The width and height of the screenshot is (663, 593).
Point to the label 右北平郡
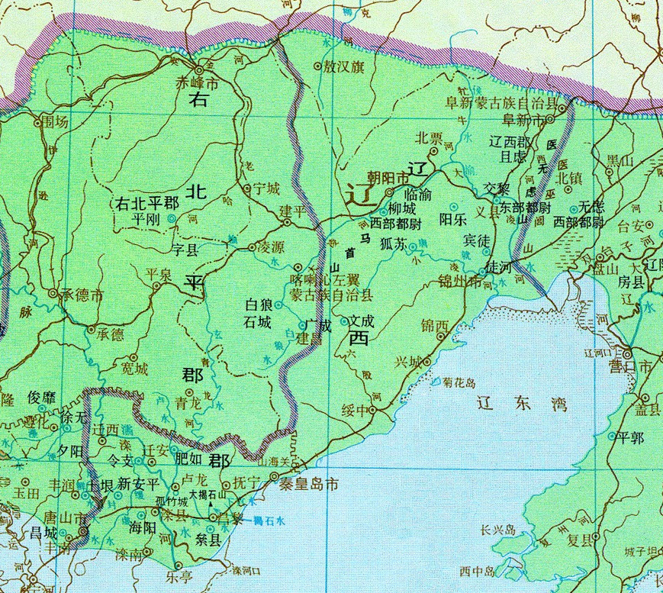[x=146, y=204]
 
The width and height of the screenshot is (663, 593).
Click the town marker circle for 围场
[x=37, y=121]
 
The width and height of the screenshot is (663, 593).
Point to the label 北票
[x=429, y=138]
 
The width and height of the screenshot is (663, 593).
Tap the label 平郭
[x=630, y=437]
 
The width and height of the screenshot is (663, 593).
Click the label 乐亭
[x=180, y=578]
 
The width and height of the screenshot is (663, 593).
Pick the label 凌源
[x=271, y=248]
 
